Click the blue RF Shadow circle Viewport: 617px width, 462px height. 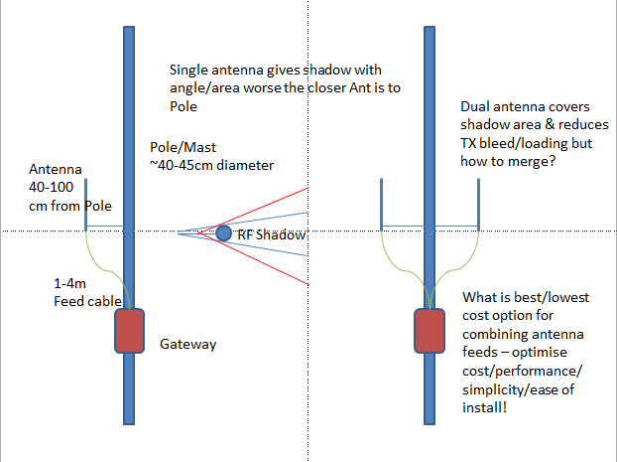[224, 232]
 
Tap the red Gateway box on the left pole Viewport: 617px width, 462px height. [129, 331]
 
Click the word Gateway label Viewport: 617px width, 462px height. [187, 345]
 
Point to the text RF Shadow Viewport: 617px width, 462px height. [272, 235]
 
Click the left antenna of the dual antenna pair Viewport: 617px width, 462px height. [383, 203]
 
